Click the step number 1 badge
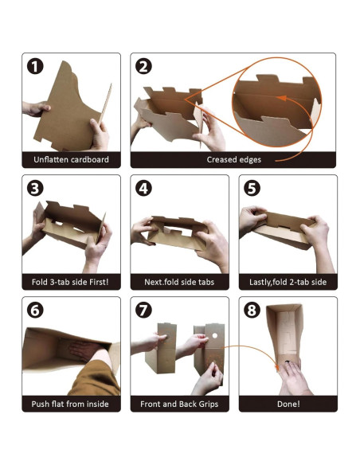tap(35, 67)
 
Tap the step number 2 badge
tap(144, 67)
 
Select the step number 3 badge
tap(35, 189)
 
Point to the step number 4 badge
tap(144, 189)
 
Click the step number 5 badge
tap(252, 189)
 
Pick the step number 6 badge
tap(35, 311)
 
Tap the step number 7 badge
tap(144, 311)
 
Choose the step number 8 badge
tap(252, 311)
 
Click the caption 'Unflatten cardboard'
tap(71, 159)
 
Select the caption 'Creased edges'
tap(234, 160)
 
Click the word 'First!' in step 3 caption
tap(99, 282)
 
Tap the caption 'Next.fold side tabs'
tap(179, 282)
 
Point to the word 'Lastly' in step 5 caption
tap(260, 282)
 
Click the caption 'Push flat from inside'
tap(70, 404)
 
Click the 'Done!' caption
tap(288, 404)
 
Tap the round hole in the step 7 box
tap(214, 336)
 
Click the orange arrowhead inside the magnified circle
tap(282, 98)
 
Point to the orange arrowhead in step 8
tap(277, 368)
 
